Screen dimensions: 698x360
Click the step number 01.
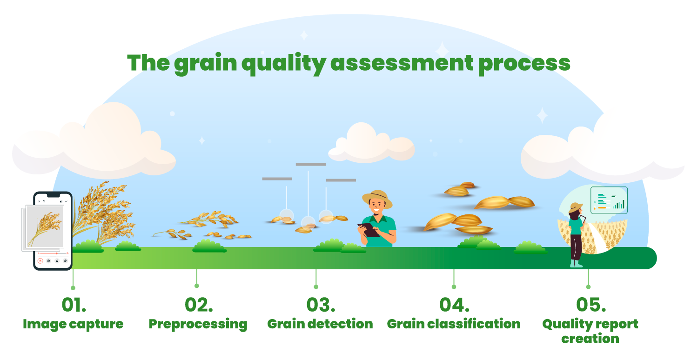pos(74,305)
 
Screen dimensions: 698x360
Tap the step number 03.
pos(321,305)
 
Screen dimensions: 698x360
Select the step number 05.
pos(591,305)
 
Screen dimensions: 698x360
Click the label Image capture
pos(73,324)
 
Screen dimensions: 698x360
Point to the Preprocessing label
pos(198,324)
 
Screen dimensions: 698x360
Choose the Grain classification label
pos(453,324)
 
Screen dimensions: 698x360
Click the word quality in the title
pos(284,64)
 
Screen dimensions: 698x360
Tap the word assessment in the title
pos(402,63)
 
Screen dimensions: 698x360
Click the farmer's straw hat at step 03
pos(377,199)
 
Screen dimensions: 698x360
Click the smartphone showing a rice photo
pos(53,231)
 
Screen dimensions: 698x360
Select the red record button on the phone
pos(40,261)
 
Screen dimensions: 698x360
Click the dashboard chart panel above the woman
pos(609,200)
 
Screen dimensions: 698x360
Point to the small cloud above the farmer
pos(371,144)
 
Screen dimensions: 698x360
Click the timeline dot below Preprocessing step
pos(197,286)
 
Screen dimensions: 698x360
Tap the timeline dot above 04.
pos(454,287)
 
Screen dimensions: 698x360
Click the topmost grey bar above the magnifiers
pos(311,164)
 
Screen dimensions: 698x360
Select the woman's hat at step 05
pos(576,207)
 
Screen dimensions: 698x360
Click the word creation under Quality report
pos(590,339)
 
